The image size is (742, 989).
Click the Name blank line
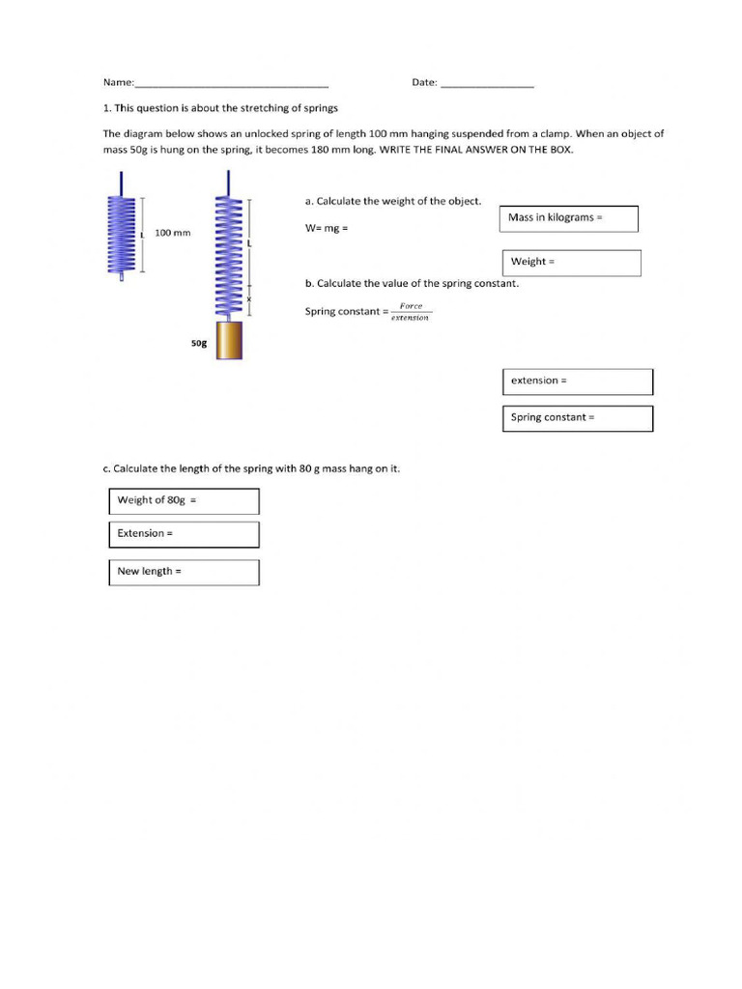pyautogui.click(x=232, y=85)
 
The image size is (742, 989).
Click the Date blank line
pyautogui.click(x=487, y=85)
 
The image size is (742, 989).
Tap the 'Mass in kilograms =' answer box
pyautogui.click(x=569, y=218)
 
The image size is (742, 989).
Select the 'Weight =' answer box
pyautogui.click(x=571, y=263)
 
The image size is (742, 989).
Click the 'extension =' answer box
pyautogui.click(x=577, y=381)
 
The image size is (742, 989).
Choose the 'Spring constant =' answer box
pyautogui.click(x=577, y=418)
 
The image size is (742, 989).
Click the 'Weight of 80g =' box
pyautogui.click(x=184, y=500)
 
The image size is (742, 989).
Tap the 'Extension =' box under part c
pyautogui.click(x=184, y=534)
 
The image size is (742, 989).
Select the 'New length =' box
pyautogui.click(x=184, y=572)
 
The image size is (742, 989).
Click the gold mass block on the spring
pyautogui.click(x=229, y=340)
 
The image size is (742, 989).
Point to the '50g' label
pyautogui.click(x=199, y=343)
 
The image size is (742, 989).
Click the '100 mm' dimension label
pyautogui.click(x=173, y=234)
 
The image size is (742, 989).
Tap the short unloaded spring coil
pyautogui.click(x=121, y=235)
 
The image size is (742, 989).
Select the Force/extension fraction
pyautogui.click(x=411, y=312)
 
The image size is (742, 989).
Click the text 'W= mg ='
pyautogui.click(x=326, y=229)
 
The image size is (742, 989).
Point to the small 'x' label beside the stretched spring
pyautogui.click(x=248, y=299)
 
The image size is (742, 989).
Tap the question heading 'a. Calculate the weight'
pyautogui.click(x=392, y=201)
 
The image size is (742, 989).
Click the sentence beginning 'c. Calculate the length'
pyautogui.click(x=251, y=468)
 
